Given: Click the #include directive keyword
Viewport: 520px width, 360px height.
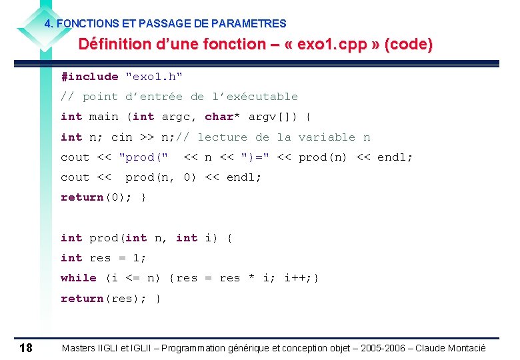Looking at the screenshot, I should click(89, 77).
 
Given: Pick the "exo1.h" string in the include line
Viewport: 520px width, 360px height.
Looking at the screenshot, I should click(154, 77).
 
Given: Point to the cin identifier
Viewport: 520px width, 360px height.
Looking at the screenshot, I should click(121, 137).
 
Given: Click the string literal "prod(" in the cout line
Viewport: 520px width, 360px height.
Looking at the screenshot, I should click(143, 157).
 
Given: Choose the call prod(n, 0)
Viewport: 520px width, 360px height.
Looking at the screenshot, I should click(161, 177).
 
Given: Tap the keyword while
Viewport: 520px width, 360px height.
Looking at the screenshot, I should click(79, 278).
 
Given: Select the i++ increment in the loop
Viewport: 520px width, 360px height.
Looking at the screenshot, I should click(297, 278).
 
